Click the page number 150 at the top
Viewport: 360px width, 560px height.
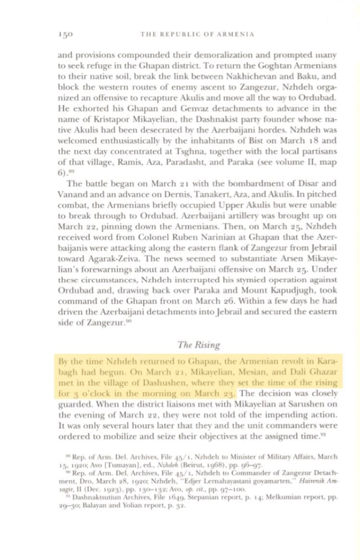pos(65,34)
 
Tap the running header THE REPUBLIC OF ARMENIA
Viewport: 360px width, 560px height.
pos(197,34)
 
